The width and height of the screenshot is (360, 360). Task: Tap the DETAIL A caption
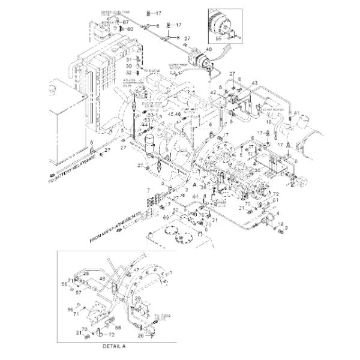click(x=113, y=347)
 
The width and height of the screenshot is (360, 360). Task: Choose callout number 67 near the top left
click(x=126, y=23)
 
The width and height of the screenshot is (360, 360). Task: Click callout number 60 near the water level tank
click(x=130, y=29)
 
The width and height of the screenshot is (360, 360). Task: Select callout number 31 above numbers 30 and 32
click(x=128, y=59)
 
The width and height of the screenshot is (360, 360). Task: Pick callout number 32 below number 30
click(x=128, y=73)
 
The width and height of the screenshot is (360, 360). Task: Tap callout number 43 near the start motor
click(x=254, y=82)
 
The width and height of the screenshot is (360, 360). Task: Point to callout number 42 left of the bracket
click(x=213, y=92)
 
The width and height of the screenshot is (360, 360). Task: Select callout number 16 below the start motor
click(x=268, y=121)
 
